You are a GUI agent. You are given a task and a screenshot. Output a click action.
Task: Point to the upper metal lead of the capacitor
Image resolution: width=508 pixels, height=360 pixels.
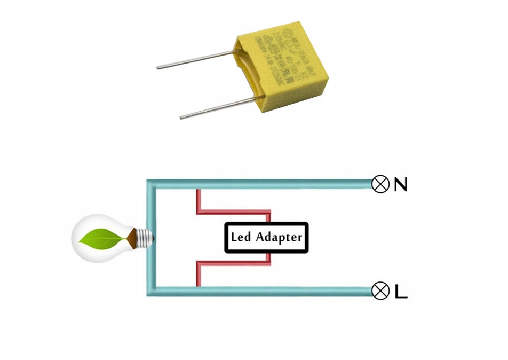pos(195,60)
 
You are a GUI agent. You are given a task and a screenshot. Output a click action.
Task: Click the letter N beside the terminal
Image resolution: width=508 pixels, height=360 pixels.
pos(400,184)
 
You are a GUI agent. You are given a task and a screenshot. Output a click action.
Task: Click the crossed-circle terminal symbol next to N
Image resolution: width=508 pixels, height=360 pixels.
pos(380,184)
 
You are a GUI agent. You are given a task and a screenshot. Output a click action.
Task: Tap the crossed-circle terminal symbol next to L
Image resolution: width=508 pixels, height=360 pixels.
pos(380,291)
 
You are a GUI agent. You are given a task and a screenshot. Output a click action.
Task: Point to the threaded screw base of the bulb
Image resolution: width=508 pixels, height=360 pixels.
pos(144,237)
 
